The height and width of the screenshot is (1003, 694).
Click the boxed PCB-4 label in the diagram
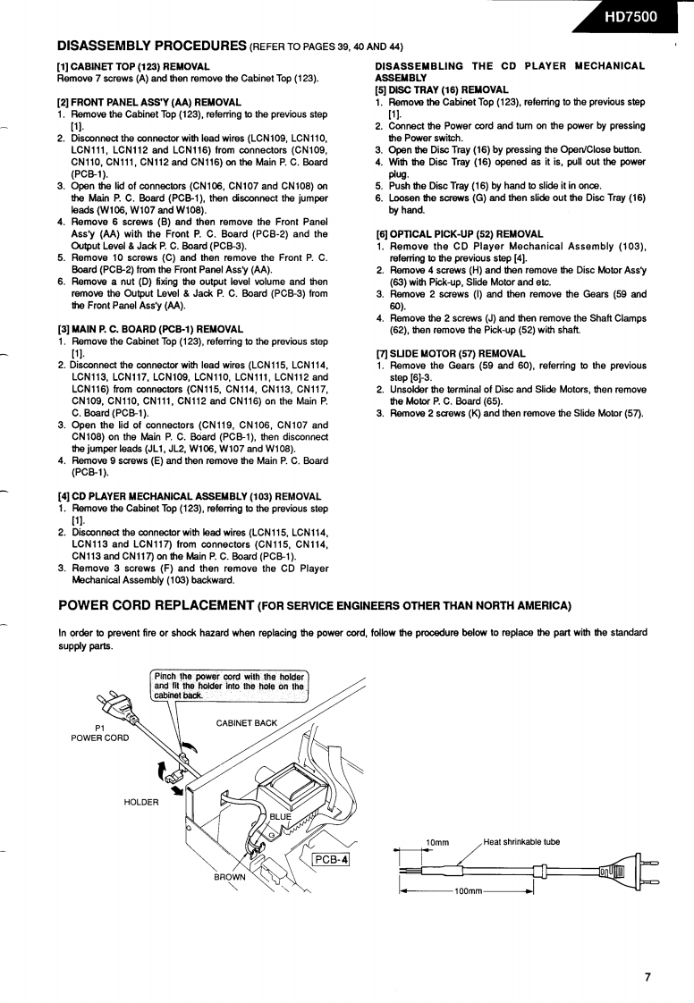[331, 860]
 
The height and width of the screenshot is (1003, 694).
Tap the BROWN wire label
[229, 877]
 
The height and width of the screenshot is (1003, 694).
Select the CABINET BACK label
[247, 722]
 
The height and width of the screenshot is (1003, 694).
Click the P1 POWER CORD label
[99, 732]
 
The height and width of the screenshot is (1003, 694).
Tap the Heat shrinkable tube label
[521, 841]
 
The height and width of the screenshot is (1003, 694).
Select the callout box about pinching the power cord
[230, 685]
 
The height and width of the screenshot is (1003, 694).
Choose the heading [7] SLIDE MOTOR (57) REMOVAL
[451, 353]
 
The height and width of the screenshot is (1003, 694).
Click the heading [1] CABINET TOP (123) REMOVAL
[133, 66]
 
